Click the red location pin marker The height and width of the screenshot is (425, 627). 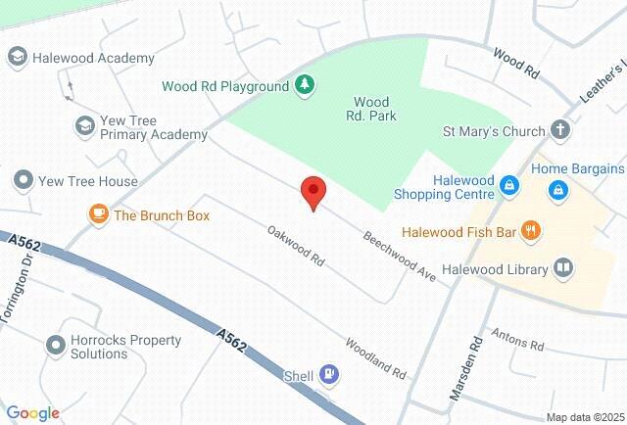[x=313, y=192]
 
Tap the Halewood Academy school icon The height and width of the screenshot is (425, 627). [x=17, y=58]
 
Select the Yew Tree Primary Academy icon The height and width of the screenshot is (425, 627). [x=85, y=125]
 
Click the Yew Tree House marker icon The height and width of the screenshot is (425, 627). [x=22, y=180]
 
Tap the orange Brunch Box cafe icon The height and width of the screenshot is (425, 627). [x=98, y=214]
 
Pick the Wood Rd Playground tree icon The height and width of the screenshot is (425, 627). [x=306, y=86]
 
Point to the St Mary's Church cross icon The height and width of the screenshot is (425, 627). [x=560, y=129]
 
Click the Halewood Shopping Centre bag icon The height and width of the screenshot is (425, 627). [x=508, y=185]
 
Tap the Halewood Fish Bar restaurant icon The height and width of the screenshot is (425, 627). [x=531, y=231]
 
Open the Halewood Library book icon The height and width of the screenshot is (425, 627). [x=563, y=267]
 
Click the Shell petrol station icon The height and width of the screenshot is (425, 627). [x=330, y=374]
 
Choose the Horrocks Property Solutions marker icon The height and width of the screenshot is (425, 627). [x=55, y=346]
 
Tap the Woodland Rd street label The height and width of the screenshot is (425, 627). [x=374, y=358]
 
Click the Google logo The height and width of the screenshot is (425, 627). [x=32, y=413]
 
